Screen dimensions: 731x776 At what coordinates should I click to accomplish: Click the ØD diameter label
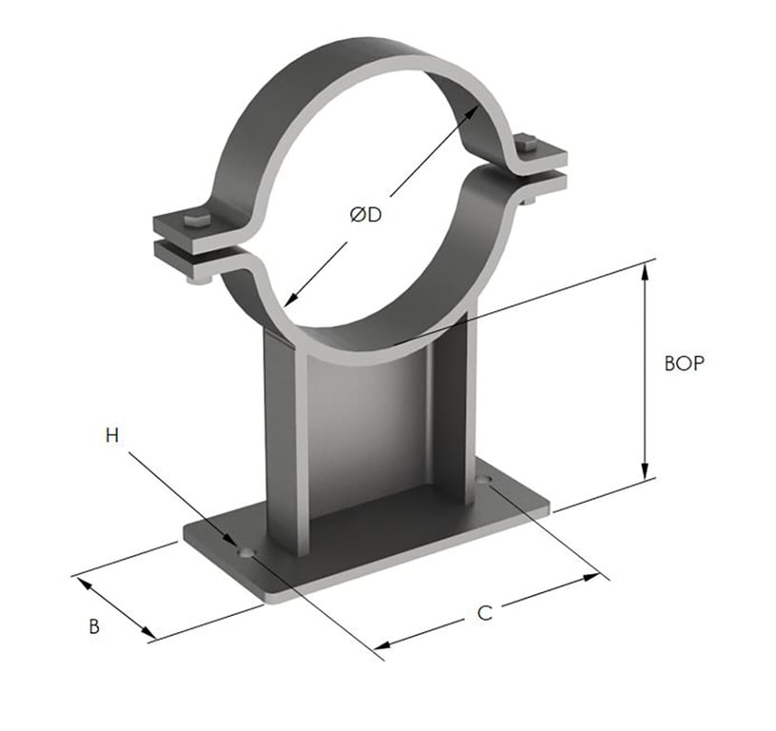point(365,216)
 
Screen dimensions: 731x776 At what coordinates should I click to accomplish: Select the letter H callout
point(112,436)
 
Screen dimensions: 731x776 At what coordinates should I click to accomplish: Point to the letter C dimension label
point(484,613)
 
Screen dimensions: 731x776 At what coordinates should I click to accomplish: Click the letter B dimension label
point(93,626)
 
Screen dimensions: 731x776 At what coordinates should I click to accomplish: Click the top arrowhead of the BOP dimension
point(647,270)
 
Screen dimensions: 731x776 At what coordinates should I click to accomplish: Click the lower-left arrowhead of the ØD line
point(289,298)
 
